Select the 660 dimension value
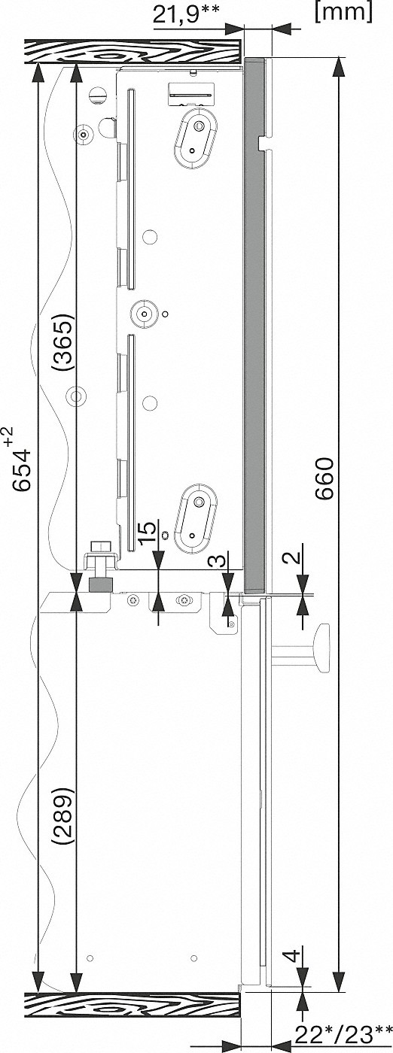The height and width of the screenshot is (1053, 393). [x=324, y=478]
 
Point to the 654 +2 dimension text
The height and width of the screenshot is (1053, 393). [x=21, y=457]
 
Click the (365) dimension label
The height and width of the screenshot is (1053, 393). [x=63, y=342]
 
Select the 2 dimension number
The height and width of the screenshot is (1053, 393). [x=292, y=558]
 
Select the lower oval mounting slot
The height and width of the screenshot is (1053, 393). [x=195, y=517]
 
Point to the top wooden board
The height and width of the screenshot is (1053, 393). [x=133, y=51]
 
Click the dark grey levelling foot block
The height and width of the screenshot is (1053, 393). [x=101, y=585]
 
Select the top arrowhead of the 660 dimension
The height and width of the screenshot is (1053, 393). [x=338, y=67]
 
